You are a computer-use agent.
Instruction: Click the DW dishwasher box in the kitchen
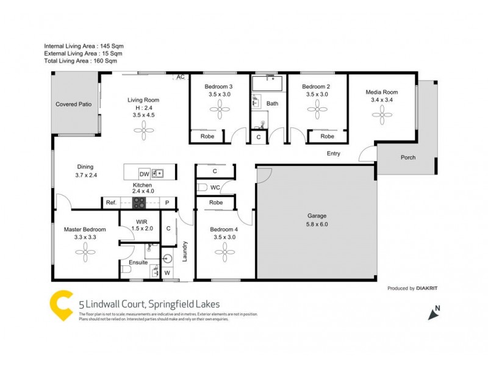click(x=144, y=173)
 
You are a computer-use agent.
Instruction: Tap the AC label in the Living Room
click(x=181, y=77)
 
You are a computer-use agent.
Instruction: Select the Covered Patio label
click(x=74, y=104)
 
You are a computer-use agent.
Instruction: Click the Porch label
click(x=407, y=157)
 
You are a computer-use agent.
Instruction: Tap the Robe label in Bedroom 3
click(x=207, y=137)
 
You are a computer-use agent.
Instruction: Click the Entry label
click(x=334, y=154)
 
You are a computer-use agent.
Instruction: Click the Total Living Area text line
click(x=81, y=61)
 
